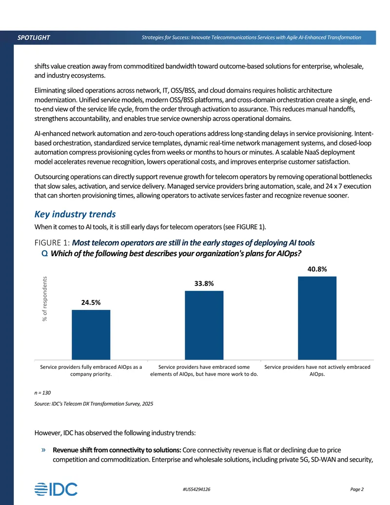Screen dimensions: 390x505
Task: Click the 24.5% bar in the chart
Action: click(x=91, y=335)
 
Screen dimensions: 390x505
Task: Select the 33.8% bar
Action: click(x=204, y=325)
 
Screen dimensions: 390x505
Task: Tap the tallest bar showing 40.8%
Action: click(x=317, y=318)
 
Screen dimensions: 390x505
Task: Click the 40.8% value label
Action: click(x=317, y=269)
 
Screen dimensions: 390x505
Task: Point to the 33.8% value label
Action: click(x=204, y=283)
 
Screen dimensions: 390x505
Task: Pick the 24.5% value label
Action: click(x=91, y=303)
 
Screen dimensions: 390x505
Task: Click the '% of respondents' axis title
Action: click(x=45, y=299)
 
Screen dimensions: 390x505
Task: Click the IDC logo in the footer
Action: click(x=56, y=489)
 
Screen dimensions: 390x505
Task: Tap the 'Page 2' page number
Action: click(x=357, y=489)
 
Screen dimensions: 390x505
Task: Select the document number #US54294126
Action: click(x=196, y=489)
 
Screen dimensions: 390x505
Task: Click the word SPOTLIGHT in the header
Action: click(x=34, y=38)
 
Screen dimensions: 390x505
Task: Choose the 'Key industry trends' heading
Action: click(x=75, y=214)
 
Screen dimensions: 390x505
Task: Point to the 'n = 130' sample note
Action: click(x=42, y=393)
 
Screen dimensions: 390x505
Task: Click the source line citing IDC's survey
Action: click(x=94, y=404)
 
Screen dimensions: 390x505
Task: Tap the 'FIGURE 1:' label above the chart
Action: click(x=52, y=243)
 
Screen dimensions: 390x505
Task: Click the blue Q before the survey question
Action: click(x=45, y=254)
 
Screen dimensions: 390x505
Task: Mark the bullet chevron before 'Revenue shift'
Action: click(x=43, y=450)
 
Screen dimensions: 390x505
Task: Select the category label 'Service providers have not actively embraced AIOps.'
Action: click(x=317, y=370)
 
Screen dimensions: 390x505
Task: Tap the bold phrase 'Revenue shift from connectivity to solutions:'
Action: click(x=117, y=450)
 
